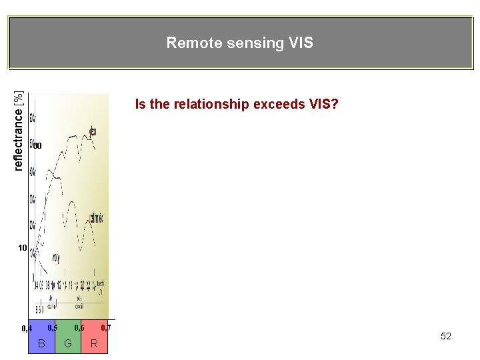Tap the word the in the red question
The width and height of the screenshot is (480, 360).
(x=158, y=104)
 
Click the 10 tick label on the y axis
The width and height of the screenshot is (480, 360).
(x=22, y=248)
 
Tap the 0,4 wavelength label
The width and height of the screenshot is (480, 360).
(x=27, y=329)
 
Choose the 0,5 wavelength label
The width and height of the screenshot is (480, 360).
(x=53, y=327)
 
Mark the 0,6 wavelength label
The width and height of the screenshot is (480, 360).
(x=79, y=327)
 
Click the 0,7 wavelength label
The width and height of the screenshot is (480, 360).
(x=106, y=327)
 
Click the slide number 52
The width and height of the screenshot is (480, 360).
(x=446, y=336)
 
